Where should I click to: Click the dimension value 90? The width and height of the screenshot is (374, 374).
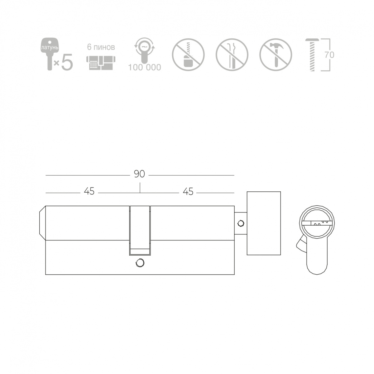139,174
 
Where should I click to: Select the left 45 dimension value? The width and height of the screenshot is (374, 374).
89,191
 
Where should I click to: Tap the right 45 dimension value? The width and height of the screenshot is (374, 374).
188,192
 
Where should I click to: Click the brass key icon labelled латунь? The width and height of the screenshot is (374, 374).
50,54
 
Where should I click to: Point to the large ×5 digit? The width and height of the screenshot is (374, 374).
67,62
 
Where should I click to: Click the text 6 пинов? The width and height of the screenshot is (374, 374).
101,47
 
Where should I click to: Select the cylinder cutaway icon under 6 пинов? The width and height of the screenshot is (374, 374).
101,63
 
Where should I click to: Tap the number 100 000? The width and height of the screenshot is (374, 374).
145,67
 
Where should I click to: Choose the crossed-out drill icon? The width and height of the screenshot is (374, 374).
188,55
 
